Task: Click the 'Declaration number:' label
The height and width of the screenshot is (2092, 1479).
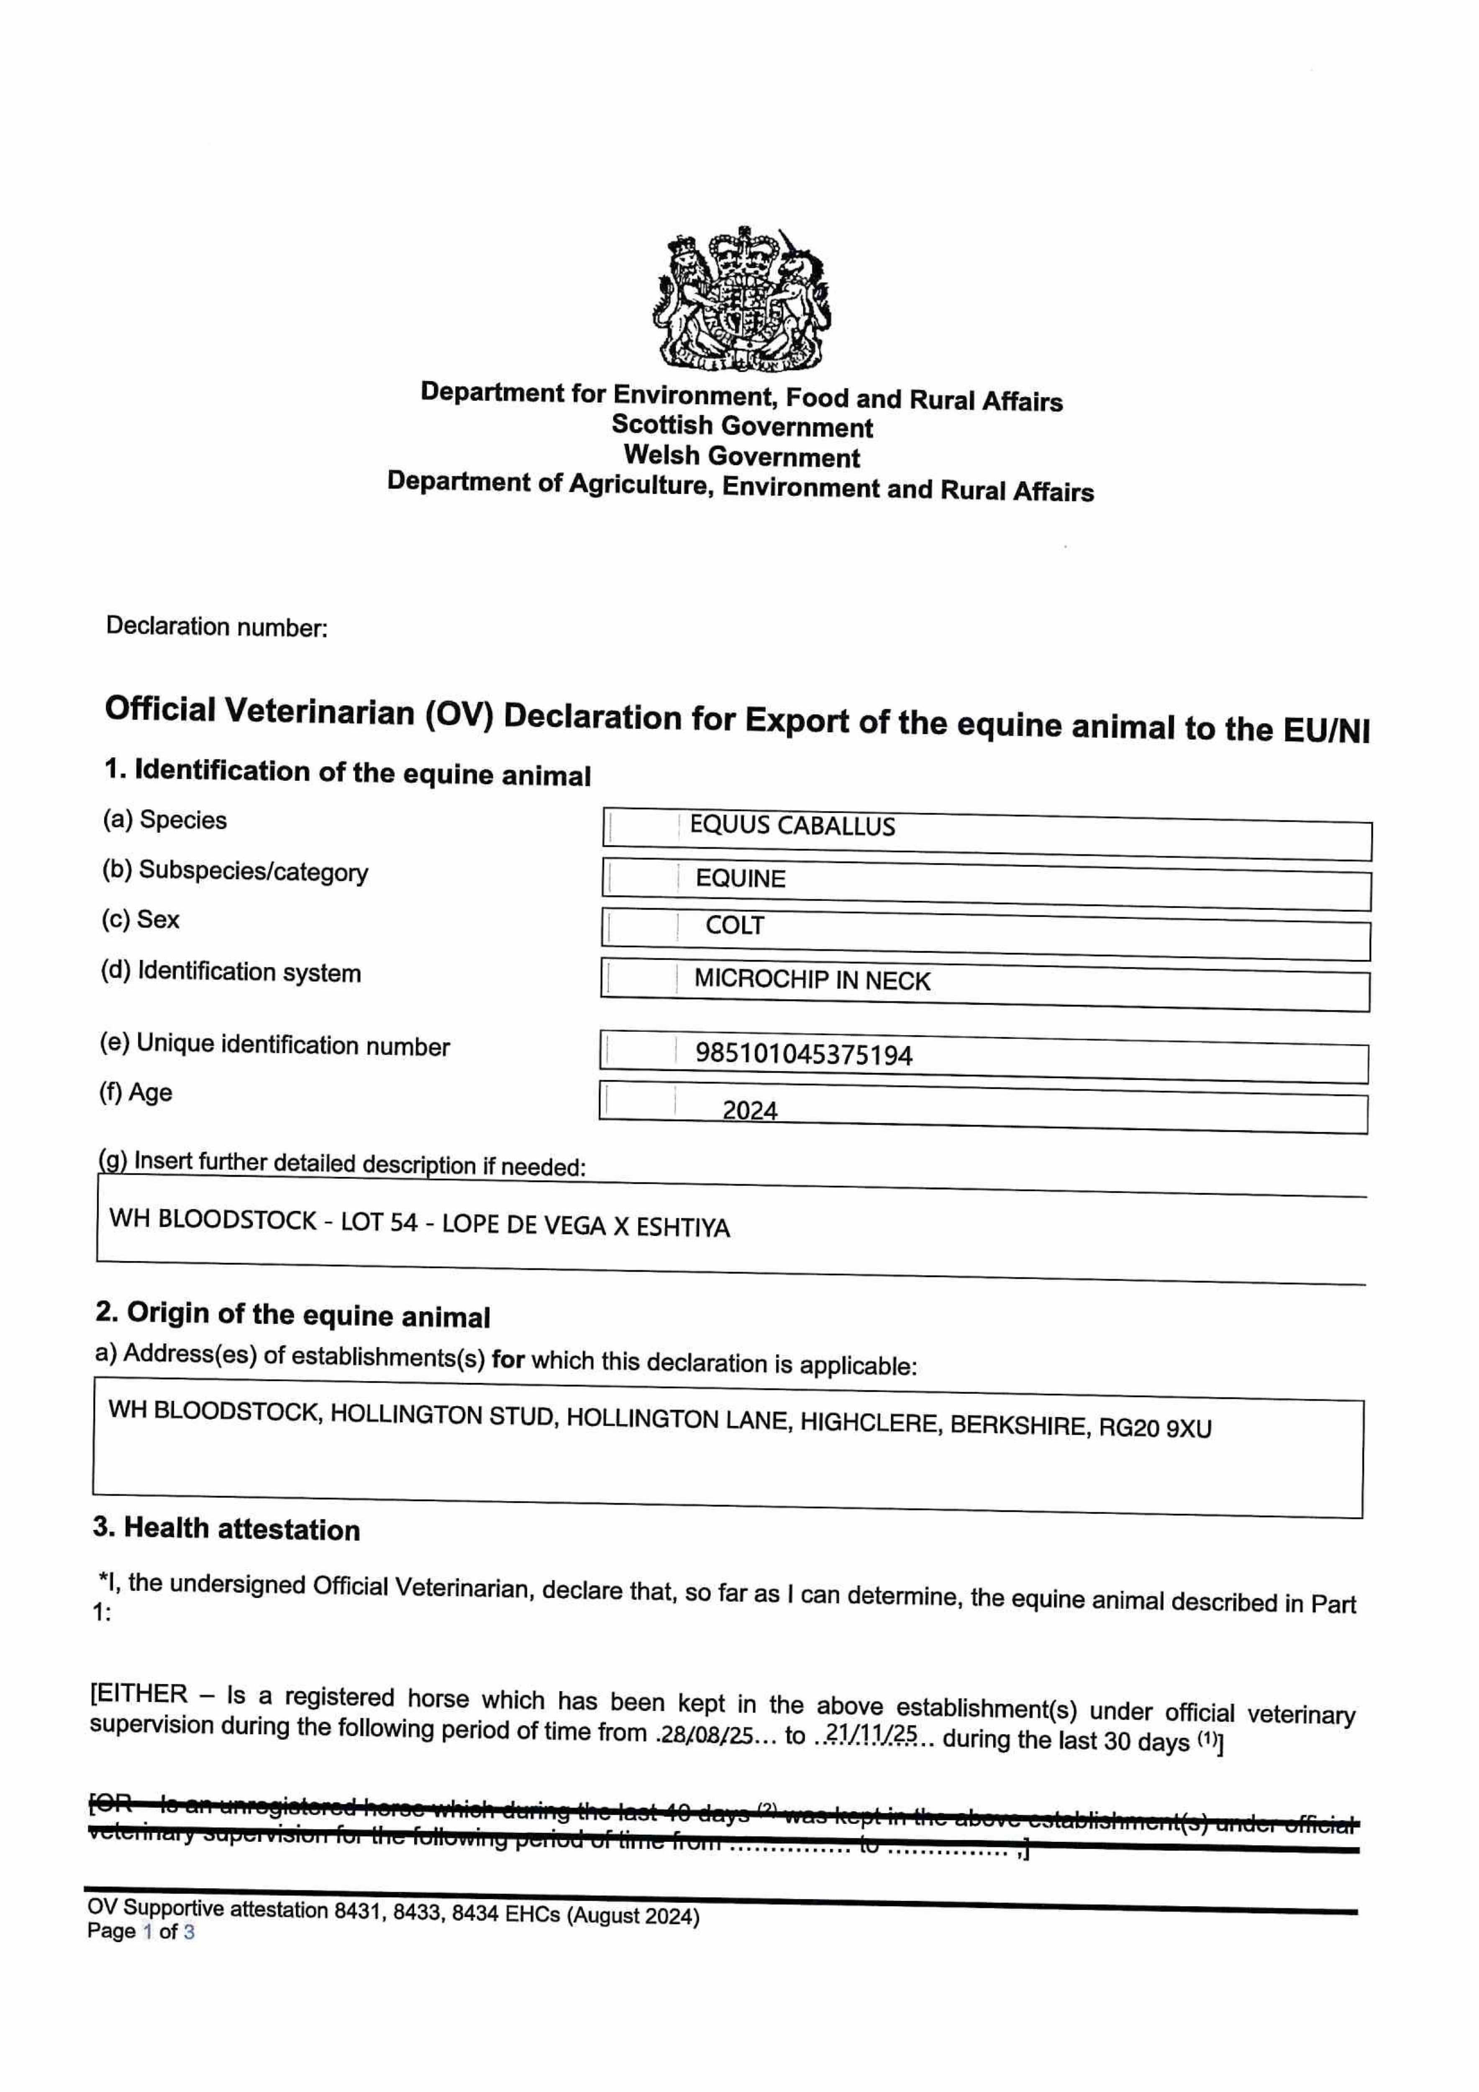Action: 217,627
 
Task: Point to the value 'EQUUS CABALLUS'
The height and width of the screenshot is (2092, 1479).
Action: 792,826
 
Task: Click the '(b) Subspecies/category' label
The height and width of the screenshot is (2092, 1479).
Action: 235,871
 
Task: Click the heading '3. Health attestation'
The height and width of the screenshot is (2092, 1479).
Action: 227,1529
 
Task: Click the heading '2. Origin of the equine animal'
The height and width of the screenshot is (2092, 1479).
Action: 292,1314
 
